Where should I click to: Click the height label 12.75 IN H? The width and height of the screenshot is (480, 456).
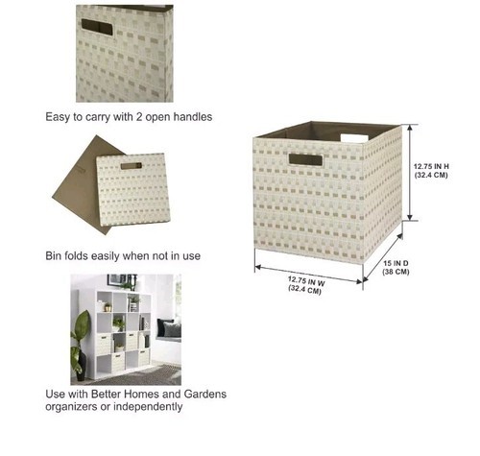[x=431, y=166]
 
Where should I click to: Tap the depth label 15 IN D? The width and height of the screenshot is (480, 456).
[x=396, y=263]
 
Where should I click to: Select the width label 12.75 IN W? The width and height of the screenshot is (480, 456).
[x=306, y=281]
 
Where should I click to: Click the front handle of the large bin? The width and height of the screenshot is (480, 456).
[x=305, y=159]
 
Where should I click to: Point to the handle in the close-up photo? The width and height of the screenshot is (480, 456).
[x=97, y=27]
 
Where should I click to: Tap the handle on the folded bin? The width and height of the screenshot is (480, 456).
[x=132, y=166]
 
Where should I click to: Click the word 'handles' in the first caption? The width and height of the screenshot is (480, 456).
[x=193, y=117]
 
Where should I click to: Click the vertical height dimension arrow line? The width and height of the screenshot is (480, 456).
[x=410, y=172]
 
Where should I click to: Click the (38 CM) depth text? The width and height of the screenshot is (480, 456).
[x=396, y=272]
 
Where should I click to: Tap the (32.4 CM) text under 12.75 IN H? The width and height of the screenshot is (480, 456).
[x=431, y=175]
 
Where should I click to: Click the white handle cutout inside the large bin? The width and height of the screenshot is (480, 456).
[x=354, y=138]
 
